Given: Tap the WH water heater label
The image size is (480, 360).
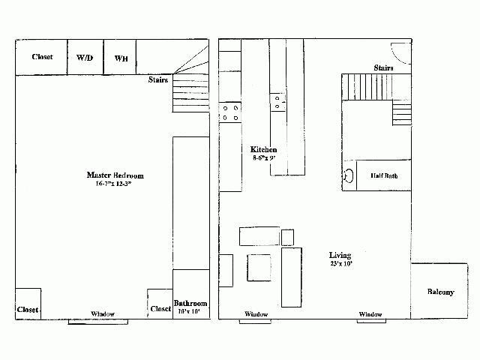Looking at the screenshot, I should (x=120, y=58).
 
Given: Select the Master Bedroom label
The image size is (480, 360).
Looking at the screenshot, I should (x=114, y=175).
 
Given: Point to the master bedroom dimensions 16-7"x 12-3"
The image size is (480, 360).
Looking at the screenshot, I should (x=114, y=184).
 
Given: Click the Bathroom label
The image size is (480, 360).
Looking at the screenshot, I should (x=190, y=303).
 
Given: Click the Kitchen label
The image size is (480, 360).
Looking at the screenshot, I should (x=264, y=149).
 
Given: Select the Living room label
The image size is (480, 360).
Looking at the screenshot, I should (x=340, y=255).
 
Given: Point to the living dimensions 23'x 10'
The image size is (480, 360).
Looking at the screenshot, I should (x=340, y=263).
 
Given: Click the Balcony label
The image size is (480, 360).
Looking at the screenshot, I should (x=441, y=292).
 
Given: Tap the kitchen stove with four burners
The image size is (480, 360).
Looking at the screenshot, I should (x=230, y=112).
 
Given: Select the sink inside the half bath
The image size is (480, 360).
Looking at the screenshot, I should (x=348, y=175).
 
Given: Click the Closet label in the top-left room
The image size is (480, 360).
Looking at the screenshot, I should (x=42, y=57).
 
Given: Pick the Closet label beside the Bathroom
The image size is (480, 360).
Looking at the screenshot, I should (x=160, y=308).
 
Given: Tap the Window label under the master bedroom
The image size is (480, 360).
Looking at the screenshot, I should (x=103, y=313).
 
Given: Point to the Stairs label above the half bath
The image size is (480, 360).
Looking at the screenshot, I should (x=384, y=68).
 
